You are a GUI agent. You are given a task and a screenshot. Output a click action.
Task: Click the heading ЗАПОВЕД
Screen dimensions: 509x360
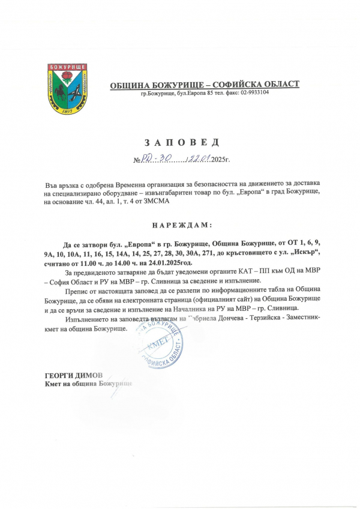pyautogui.click(x=181, y=143)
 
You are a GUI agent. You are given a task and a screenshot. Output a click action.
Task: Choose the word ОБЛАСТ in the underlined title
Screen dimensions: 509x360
pyautogui.click(x=279, y=84)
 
